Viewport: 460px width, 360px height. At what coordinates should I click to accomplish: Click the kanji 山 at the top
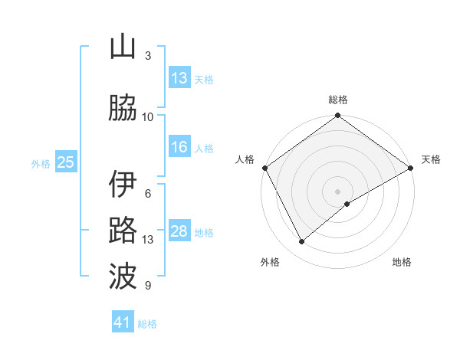[x=123, y=47]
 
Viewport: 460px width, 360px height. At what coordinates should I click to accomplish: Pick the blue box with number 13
[x=179, y=78]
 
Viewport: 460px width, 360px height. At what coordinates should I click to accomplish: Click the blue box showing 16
[x=179, y=147]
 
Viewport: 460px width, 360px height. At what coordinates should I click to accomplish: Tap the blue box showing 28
[x=179, y=231]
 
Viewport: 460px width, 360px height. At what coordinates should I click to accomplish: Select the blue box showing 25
[x=66, y=162]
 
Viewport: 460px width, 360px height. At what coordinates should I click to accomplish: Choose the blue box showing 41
[x=123, y=322]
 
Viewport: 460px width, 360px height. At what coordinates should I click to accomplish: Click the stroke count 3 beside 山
[x=148, y=56]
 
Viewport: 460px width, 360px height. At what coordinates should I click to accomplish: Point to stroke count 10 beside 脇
[x=148, y=117]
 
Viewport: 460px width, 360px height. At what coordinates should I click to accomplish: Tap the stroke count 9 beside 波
[x=148, y=286]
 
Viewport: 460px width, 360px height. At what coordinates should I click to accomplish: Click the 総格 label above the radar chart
[x=337, y=100]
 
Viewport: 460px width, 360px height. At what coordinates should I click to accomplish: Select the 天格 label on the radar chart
[x=431, y=159]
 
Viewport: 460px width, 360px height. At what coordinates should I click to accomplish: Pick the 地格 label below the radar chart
[x=402, y=262]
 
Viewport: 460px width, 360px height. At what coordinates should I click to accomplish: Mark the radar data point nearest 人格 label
[x=264, y=167]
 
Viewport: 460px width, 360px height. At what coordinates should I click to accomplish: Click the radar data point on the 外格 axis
[x=302, y=242]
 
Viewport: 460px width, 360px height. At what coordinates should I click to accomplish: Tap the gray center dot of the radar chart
[x=337, y=191]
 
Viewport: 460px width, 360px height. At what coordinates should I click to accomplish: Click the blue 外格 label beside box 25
[x=41, y=163]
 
